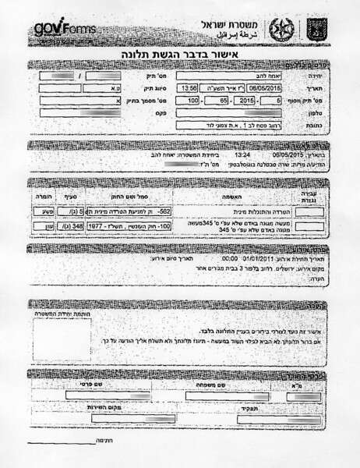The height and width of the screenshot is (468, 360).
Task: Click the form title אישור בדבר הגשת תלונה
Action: pos(180,56)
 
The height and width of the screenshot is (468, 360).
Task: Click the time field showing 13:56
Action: pos(189,88)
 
